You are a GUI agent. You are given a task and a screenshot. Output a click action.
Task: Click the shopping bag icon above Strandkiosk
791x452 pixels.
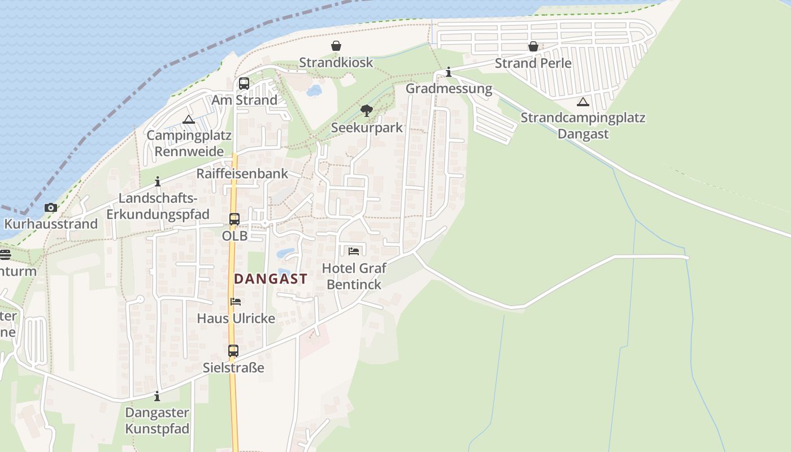click(x=336, y=46)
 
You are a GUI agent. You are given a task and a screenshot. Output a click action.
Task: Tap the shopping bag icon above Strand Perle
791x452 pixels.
click(x=533, y=46)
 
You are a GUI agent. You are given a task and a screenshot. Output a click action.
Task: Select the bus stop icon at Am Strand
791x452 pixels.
click(x=244, y=84)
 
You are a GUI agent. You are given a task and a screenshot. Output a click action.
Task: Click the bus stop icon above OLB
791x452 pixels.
click(x=234, y=219)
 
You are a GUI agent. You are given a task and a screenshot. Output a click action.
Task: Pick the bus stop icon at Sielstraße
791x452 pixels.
click(x=233, y=351)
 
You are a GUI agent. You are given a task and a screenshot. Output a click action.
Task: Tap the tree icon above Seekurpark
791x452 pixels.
click(x=367, y=110)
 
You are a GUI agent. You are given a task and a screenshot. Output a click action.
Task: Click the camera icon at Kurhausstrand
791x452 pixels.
click(x=51, y=207)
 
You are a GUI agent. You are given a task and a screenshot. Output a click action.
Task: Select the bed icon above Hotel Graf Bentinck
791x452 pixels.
click(x=354, y=251)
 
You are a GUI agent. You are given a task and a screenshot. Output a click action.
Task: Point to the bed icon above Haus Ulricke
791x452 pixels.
click(x=236, y=302)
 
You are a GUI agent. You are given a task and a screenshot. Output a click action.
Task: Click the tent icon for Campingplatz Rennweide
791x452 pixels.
click(x=188, y=119)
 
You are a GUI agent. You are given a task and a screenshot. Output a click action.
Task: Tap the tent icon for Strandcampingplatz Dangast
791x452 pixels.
click(x=583, y=102)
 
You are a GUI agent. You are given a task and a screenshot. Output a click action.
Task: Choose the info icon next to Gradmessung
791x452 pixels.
click(x=449, y=72)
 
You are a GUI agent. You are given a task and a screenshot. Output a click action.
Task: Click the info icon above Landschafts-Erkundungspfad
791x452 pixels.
click(x=158, y=181)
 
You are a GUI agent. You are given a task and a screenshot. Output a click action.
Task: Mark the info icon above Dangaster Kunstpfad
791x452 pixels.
click(x=157, y=396)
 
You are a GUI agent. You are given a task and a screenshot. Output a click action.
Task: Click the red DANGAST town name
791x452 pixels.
click(x=271, y=279)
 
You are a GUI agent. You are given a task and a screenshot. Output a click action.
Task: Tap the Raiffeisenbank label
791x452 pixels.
click(x=242, y=173)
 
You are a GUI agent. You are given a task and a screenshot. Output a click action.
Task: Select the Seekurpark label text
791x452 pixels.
click(x=367, y=128)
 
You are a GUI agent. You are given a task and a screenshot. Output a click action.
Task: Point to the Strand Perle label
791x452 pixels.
click(x=533, y=63)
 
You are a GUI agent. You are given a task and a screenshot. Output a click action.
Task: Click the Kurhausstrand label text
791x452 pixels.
click(x=51, y=224)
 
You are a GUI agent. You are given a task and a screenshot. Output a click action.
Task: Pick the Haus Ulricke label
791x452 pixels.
click(x=236, y=319)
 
